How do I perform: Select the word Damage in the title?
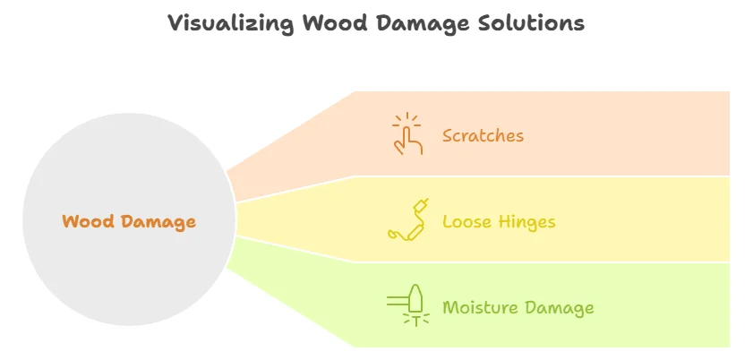(x=415, y=24)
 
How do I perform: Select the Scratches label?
(x=483, y=136)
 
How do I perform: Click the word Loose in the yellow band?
(x=466, y=222)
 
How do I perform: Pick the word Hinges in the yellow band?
(x=525, y=222)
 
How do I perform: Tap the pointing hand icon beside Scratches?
(x=408, y=134)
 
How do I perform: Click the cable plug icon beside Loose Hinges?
(x=408, y=221)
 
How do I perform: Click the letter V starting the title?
(x=175, y=24)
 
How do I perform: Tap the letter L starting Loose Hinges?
(x=447, y=222)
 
